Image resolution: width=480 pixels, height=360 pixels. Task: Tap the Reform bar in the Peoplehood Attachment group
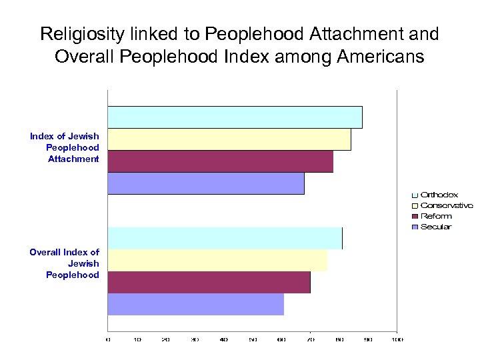point(220,161)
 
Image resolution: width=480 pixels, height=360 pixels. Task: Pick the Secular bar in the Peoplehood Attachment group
point(206,183)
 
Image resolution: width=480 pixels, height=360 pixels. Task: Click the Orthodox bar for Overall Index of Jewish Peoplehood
point(225,238)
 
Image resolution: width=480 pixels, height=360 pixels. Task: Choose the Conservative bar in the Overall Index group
point(217,260)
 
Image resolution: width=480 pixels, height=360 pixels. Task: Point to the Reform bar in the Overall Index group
point(209,282)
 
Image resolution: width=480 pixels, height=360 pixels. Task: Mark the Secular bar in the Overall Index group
point(195,304)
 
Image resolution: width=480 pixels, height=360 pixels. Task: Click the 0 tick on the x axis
point(108,340)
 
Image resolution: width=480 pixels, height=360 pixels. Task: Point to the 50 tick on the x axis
point(253,340)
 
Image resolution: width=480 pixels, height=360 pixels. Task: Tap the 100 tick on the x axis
point(397,340)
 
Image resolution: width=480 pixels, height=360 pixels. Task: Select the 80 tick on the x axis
point(339,340)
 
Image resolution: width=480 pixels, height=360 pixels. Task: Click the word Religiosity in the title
point(81,34)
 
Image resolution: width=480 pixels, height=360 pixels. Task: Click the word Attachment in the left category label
point(73,159)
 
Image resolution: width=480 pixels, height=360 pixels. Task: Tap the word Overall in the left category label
point(45,252)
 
